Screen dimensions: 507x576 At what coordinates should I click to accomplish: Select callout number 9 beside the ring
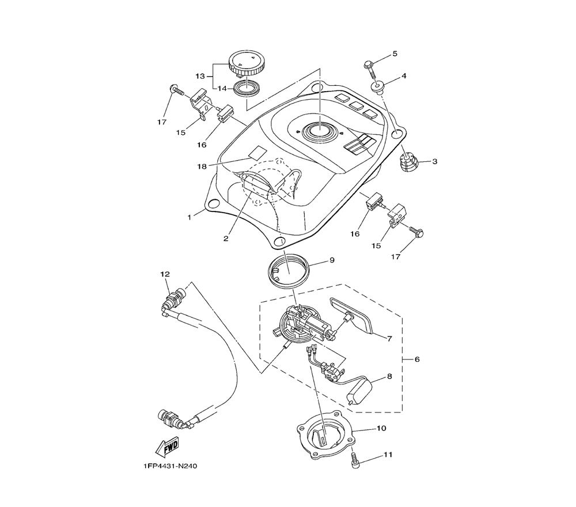(332, 260)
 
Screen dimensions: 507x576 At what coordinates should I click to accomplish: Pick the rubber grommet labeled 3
(409, 161)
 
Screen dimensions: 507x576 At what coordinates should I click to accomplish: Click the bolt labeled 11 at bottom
(354, 460)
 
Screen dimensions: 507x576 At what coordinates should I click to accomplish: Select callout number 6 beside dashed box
(417, 360)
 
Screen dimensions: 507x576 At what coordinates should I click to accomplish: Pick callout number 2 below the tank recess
(226, 237)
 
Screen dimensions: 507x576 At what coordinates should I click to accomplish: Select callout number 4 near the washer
(404, 75)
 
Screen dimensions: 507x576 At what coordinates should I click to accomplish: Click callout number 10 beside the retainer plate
(381, 429)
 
